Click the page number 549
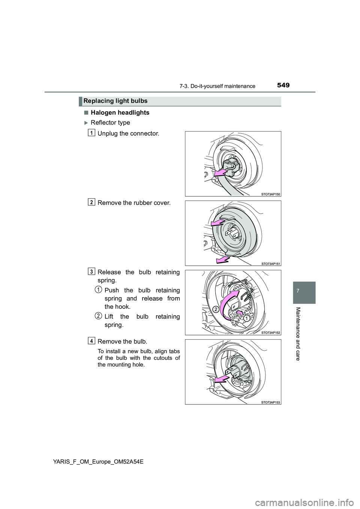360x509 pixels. (x=283, y=85)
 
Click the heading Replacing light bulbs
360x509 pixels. (x=115, y=101)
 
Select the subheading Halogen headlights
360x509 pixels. (x=120, y=113)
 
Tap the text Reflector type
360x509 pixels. (x=111, y=123)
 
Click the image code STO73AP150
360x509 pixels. (x=270, y=194)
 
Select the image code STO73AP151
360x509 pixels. (x=270, y=263)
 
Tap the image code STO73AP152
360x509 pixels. (x=270, y=333)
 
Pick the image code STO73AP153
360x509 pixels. (x=270, y=402)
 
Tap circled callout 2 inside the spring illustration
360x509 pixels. (x=216, y=309)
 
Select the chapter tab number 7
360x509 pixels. (x=304, y=290)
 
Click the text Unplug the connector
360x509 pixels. (x=128, y=133)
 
